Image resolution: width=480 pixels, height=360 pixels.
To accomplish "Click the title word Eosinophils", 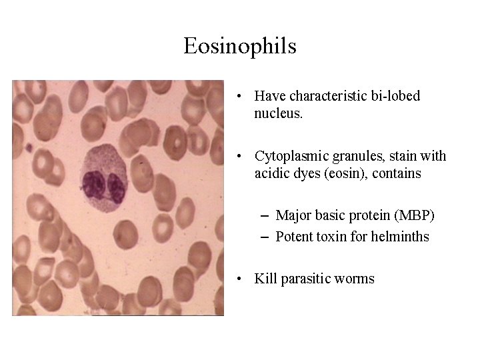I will pyautogui.click(x=240, y=47).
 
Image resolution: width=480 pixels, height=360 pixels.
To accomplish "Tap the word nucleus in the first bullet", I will pyautogui.click(x=277, y=113).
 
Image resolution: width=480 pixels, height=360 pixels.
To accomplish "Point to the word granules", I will pyautogui.click(x=355, y=156).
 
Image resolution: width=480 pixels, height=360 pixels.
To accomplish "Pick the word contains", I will pyautogui.click(x=397, y=173).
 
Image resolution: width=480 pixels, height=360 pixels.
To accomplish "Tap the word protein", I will pyautogui.click(x=369, y=215).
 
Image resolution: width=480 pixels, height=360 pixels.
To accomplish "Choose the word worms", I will pyautogui.click(x=357, y=279).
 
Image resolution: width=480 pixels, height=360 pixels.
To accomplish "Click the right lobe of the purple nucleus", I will pyautogui.click(x=116, y=187).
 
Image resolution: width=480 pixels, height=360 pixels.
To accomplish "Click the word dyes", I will pyautogui.click(x=305, y=173).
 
